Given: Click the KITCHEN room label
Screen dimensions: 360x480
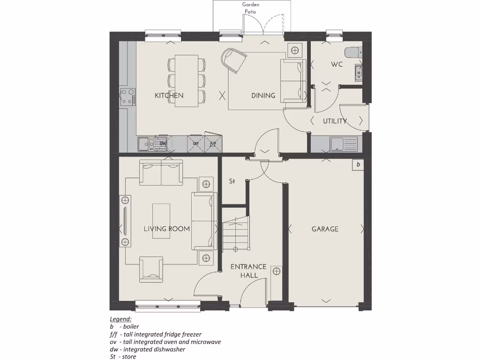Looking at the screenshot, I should [169, 96].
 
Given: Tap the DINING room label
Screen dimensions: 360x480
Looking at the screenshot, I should [263, 96].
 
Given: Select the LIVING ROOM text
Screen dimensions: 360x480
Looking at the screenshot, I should [166, 229].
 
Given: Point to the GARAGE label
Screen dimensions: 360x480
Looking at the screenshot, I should [325, 229].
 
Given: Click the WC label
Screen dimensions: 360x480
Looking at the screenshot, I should [337, 64].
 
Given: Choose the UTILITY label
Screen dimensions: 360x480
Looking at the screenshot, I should [335, 121].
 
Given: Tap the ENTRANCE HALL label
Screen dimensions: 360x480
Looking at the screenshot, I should [248, 271].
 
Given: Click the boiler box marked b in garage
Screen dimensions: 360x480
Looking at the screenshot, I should [358, 165].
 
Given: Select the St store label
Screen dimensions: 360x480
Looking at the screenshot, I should [232, 181].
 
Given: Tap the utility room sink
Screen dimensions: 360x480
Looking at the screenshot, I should [337, 144].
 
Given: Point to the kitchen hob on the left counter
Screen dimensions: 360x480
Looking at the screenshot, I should [127, 97].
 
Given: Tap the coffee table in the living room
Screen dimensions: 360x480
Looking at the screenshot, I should [161, 220].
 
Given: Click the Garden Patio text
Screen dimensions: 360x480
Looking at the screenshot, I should [250, 8].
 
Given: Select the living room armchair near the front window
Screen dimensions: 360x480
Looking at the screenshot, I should [151, 269].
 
